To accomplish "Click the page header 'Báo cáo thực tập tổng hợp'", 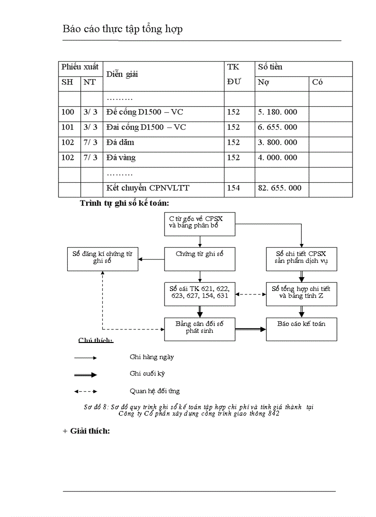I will (x=123, y=29).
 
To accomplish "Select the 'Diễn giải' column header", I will (x=122, y=74).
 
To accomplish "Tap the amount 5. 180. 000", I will (x=277, y=112).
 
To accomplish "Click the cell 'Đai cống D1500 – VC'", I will (x=146, y=127).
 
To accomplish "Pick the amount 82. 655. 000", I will (x=280, y=188).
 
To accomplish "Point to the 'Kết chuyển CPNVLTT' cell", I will (x=147, y=188).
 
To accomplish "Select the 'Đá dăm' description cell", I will (x=120, y=142).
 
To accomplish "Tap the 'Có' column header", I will (x=317, y=82).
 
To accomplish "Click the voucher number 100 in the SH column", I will (x=68, y=112).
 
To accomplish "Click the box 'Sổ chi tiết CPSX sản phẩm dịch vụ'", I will (x=301, y=258).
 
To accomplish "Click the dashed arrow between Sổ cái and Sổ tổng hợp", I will (x=250, y=294).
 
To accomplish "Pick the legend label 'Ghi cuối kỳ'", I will (x=147, y=373).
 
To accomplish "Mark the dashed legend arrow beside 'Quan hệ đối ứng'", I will (x=86, y=391).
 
